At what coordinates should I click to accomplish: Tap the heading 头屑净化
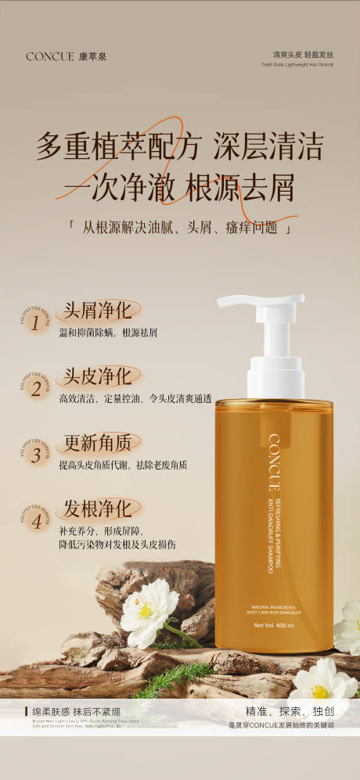97,311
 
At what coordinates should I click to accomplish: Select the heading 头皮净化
97,376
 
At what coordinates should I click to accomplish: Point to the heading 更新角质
97,443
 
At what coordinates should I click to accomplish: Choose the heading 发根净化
97,509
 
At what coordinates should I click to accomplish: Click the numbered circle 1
35,323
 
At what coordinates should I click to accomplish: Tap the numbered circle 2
35,389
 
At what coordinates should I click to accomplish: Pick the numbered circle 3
35,455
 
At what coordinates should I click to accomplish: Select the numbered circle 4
35,522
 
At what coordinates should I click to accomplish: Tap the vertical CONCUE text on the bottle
274,462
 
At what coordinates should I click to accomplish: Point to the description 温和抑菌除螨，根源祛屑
108,332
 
